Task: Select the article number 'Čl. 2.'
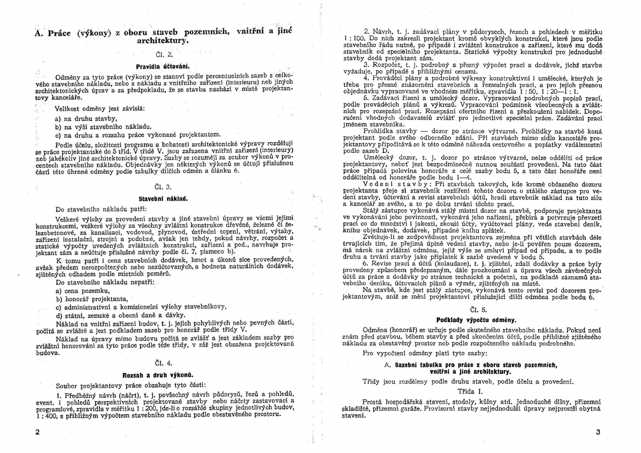point(163,54)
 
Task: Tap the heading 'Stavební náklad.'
point(163,198)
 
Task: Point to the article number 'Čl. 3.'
point(163,187)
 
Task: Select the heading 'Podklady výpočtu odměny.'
point(476,320)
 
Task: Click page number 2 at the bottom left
point(38,432)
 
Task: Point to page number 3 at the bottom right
point(598,432)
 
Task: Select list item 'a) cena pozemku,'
point(83,291)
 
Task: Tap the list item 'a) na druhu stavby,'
point(86,119)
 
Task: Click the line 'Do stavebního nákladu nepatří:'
point(105,283)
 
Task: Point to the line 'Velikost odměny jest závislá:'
point(100,109)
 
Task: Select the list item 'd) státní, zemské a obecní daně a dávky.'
point(121,315)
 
